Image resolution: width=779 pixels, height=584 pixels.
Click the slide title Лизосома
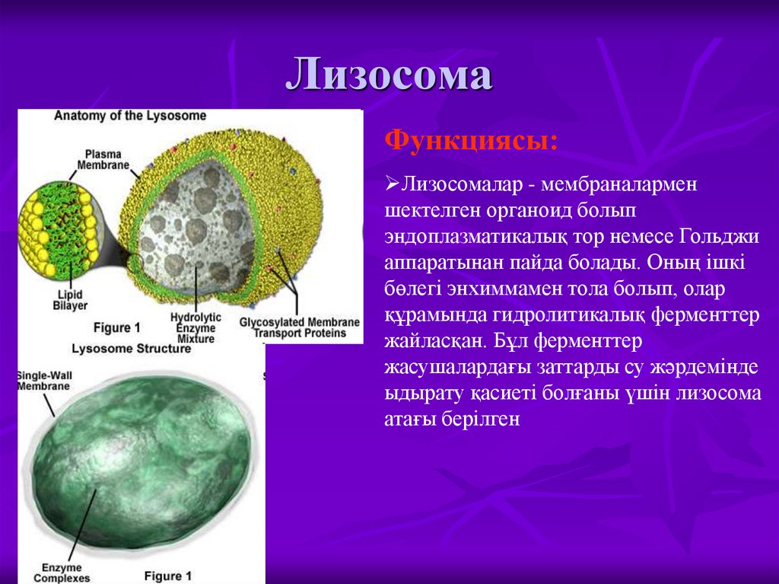[x=389, y=75]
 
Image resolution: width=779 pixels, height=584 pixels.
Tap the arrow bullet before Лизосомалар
[x=393, y=183]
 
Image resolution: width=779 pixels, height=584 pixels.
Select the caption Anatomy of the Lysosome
[x=129, y=116]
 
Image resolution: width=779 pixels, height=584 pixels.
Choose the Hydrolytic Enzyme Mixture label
[x=196, y=327]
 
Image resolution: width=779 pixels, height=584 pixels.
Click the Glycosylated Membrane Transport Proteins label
[x=298, y=327]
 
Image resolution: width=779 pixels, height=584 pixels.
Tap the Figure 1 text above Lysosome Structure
[x=116, y=327]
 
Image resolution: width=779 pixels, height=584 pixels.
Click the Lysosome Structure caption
[x=131, y=349]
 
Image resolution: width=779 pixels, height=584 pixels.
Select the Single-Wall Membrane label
[x=44, y=381]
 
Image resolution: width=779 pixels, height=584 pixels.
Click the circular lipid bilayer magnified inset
[x=57, y=232]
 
